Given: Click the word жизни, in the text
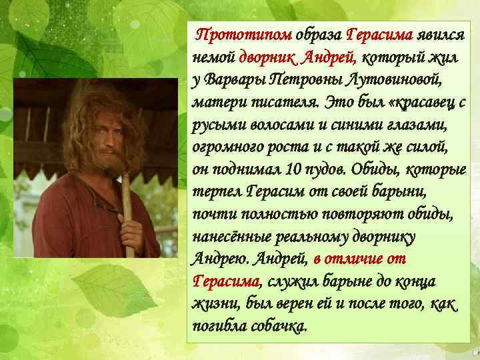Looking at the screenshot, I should [x=209, y=305].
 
